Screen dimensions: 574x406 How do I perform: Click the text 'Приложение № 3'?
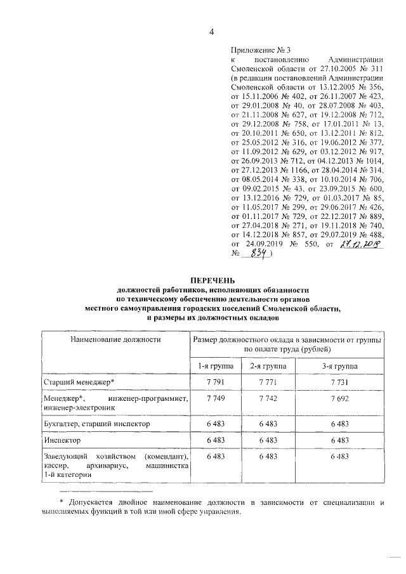[261, 49]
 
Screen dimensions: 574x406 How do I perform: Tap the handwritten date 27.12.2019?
[362, 244]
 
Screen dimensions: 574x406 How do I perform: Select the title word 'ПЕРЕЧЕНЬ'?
[213, 280]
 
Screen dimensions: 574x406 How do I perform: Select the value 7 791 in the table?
[216, 382]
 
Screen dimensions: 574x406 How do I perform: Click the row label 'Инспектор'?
[62, 439]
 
